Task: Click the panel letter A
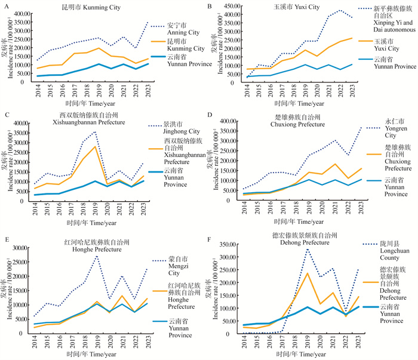tap(5, 5)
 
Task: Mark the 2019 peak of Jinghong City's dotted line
tap(94, 132)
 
